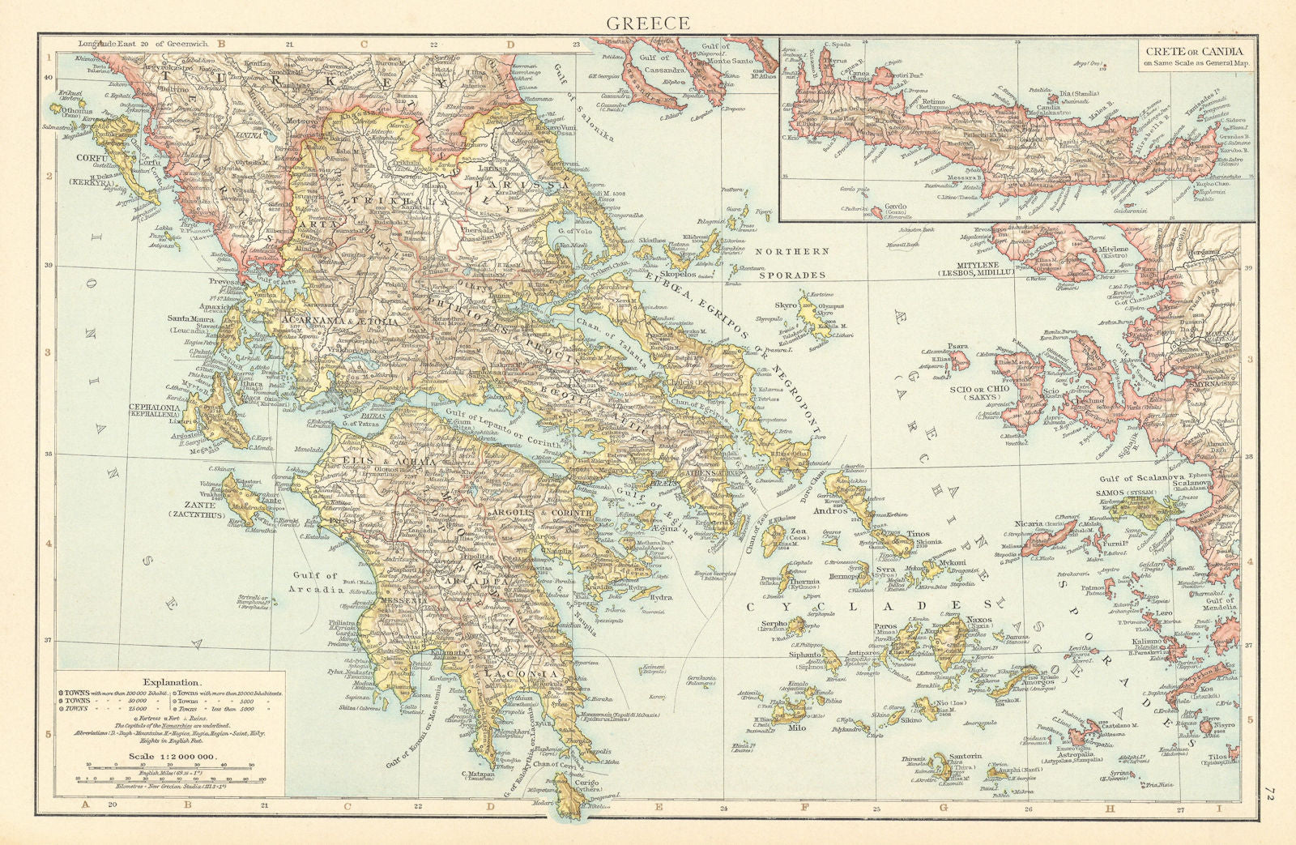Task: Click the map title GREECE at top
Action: click(x=648, y=22)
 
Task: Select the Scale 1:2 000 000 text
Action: click(x=173, y=757)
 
